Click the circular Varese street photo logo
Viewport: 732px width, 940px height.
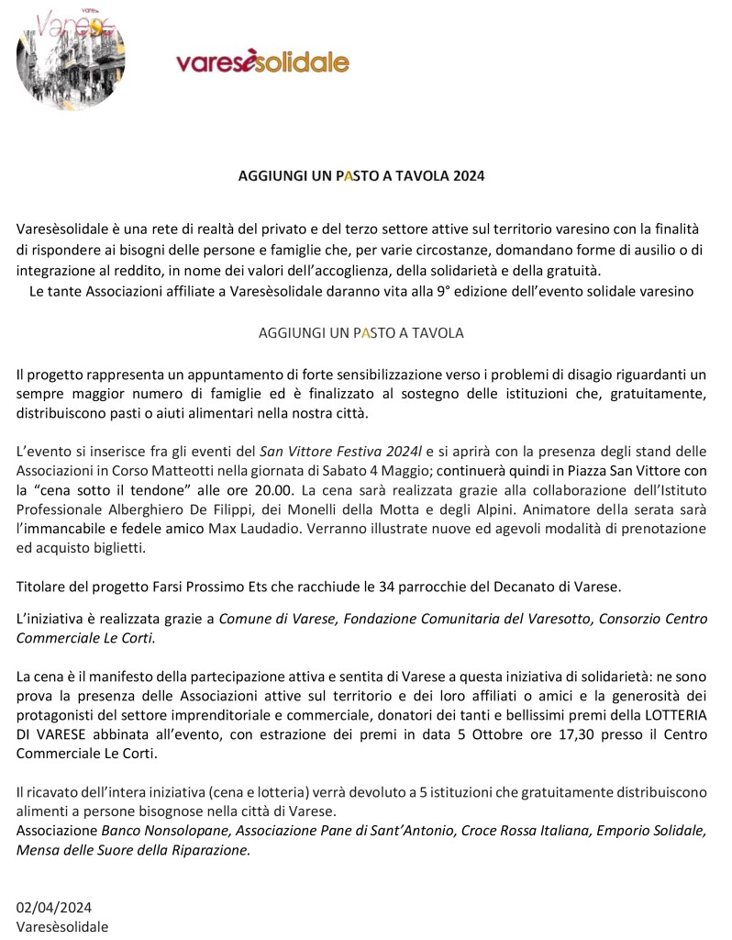[x=71, y=57]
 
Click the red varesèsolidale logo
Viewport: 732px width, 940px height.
[x=262, y=62]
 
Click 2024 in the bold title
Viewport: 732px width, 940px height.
[x=467, y=175]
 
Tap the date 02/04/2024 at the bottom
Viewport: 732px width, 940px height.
[x=54, y=908]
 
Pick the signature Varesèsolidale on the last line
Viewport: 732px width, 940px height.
[x=61, y=926]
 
